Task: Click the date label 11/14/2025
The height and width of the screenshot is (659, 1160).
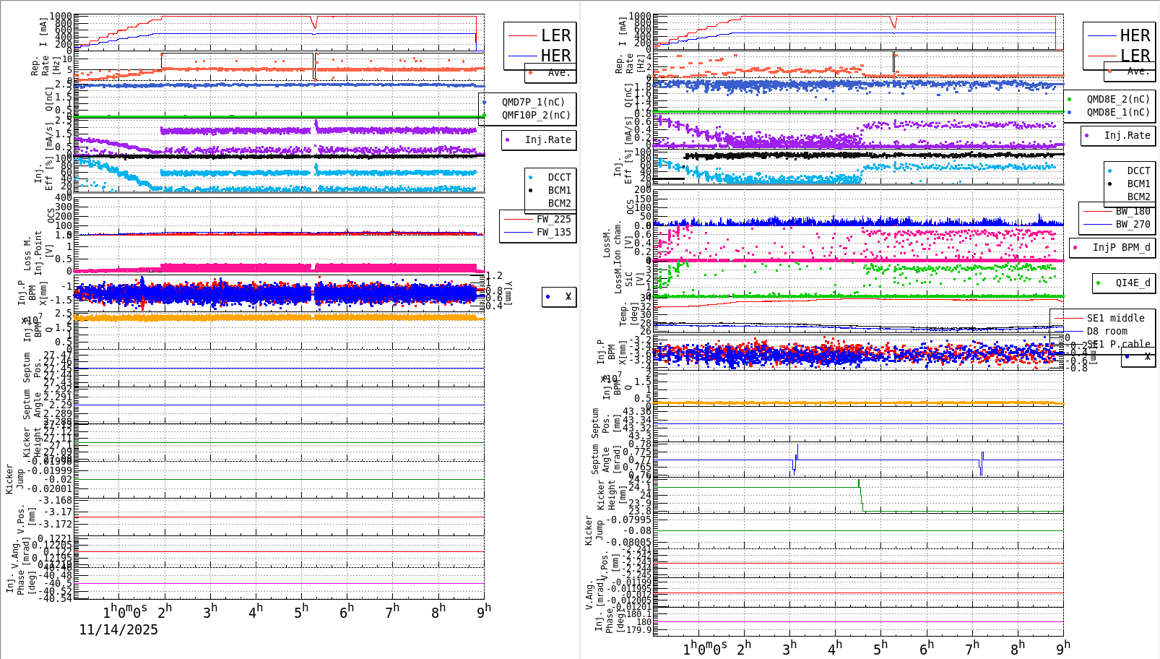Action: [x=118, y=629]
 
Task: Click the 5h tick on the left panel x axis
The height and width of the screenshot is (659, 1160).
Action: [x=301, y=612]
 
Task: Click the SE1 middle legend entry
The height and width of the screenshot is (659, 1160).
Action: [x=1115, y=318]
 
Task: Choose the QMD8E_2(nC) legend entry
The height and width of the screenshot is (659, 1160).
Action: [x=1117, y=99]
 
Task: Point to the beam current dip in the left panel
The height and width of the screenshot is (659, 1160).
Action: [x=314, y=26]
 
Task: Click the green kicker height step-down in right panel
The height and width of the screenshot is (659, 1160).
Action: [x=861, y=499]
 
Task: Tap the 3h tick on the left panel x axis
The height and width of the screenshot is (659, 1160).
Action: [x=209, y=612]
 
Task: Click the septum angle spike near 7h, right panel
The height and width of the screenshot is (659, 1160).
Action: [x=982, y=462]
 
